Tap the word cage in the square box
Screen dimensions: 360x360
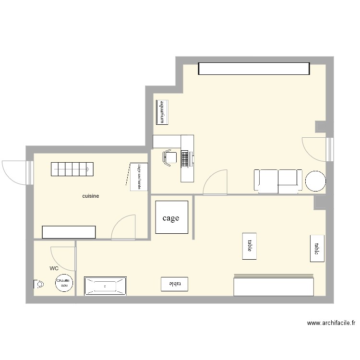pyautogui.click(x=171, y=218)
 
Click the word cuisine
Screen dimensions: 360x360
pyautogui.click(x=91, y=196)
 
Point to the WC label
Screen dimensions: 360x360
pyautogui.click(x=54, y=268)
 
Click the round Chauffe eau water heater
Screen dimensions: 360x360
pyautogui.click(x=63, y=283)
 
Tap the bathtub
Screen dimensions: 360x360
pyautogui.click(x=105, y=286)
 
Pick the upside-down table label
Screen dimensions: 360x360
pyautogui.click(x=174, y=284)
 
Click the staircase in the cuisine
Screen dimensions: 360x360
pyautogui.click(x=72, y=169)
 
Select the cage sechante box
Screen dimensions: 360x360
pyautogui.click(x=138, y=177)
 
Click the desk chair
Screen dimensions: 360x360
pyautogui.click(x=168, y=157)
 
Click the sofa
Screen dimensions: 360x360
pyautogui.click(x=278, y=180)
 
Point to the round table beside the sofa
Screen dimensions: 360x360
pyautogui.click(x=315, y=181)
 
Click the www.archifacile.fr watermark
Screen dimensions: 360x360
pyautogui.click(x=331, y=323)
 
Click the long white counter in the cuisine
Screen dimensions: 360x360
pyautogui.click(x=69, y=232)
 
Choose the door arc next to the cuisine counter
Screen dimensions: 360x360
pyautogui.click(x=124, y=227)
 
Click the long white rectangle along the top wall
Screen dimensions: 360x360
pyautogui.click(x=254, y=69)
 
